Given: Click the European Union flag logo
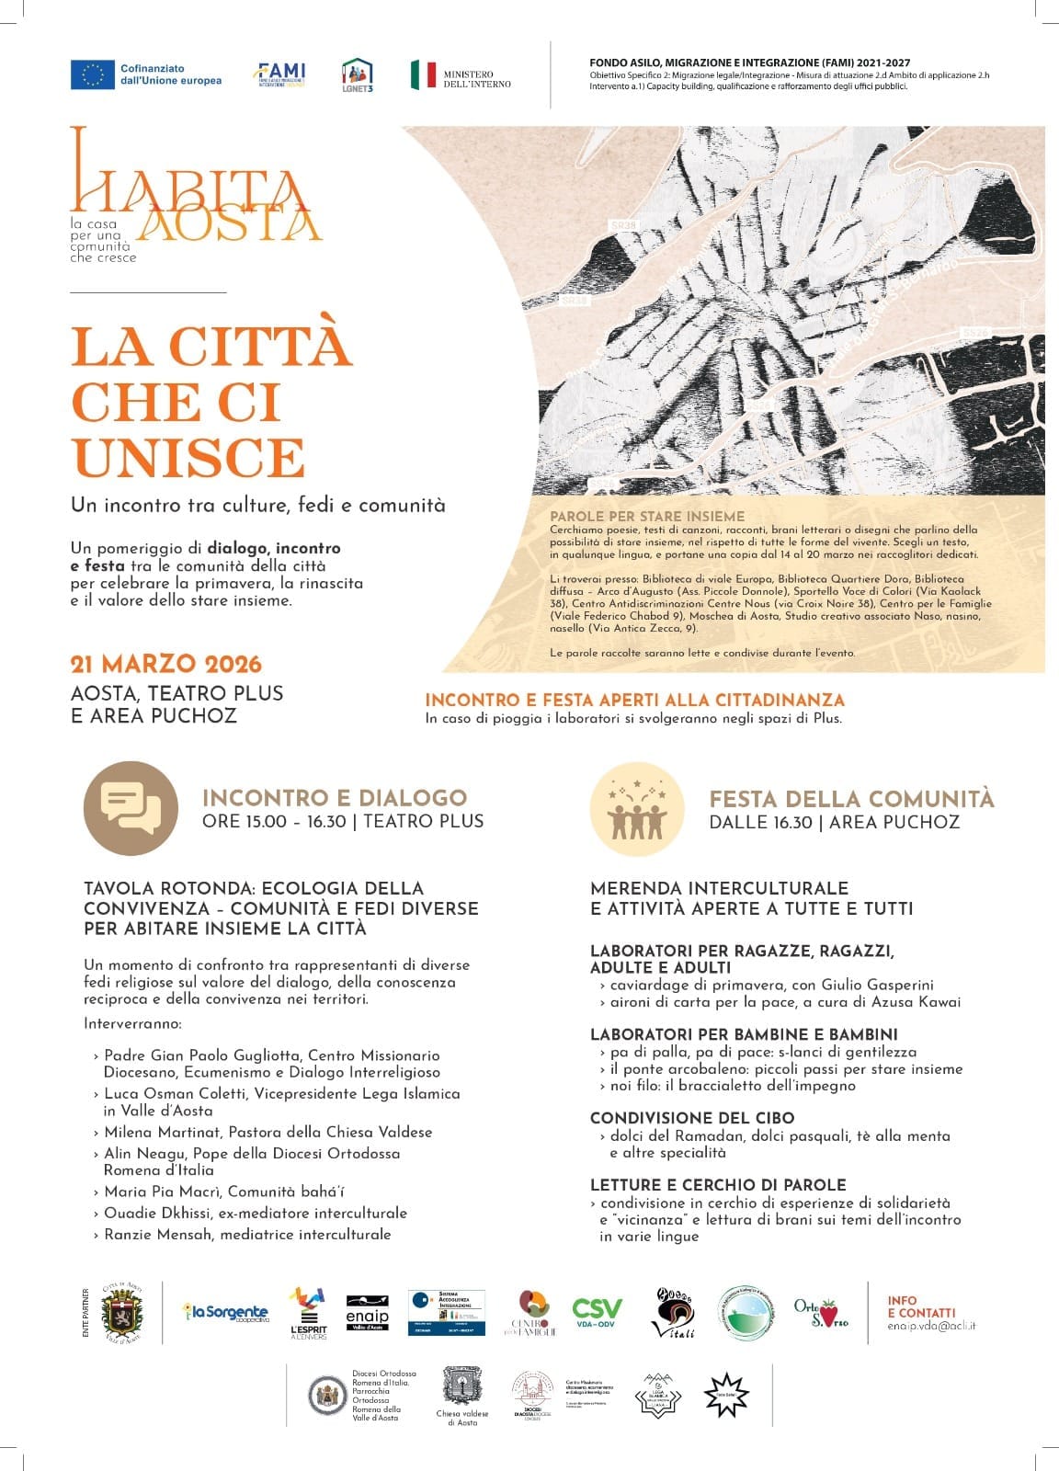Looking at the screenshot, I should click(x=92, y=74).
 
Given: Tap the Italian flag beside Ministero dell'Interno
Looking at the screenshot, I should click(x=423, y=74).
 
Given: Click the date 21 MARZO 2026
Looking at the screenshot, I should click(x=166, y=664).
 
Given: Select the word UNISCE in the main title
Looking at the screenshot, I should click(x=188, y=457).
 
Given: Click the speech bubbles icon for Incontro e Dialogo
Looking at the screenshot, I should click(x=131, y=808).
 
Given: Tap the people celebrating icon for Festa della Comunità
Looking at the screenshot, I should click(x=637, y=809).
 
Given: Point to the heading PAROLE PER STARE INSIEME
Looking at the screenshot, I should click(x=647, y=516).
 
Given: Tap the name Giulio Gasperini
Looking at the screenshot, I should click(x=877, y=984).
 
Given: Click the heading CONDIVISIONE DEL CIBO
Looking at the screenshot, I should click(x=692, y=1118).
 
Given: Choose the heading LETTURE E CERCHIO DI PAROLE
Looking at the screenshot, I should click(x=718, y=1185).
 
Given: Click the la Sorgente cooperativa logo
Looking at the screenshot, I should click(x=226, y=1313).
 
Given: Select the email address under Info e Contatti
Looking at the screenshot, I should click(x=931, y=1326).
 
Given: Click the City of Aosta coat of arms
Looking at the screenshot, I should click(x=121, y=1313).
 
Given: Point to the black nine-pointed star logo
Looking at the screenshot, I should click(x=726, y=1396).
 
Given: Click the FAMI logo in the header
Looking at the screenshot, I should click(x=279, y=74).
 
